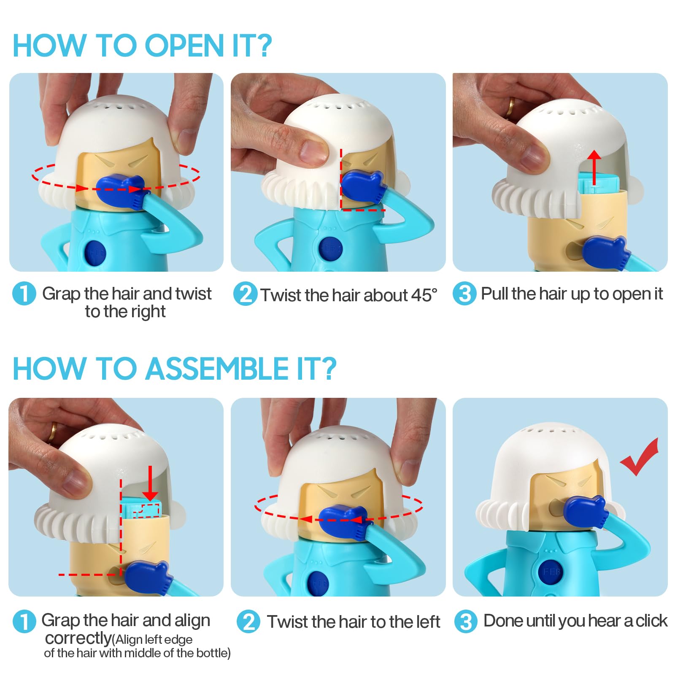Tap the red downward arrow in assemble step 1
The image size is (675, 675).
coord(150,483)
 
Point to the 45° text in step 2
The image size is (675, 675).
coord(424,295)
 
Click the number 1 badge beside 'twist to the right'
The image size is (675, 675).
coord(24,293)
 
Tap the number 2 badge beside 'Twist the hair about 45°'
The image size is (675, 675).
coord(245,294)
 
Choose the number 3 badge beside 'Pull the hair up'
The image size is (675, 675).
coord(464,294)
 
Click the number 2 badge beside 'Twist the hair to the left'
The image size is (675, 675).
coord(248,621)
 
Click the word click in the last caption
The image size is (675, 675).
coord(652,621)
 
